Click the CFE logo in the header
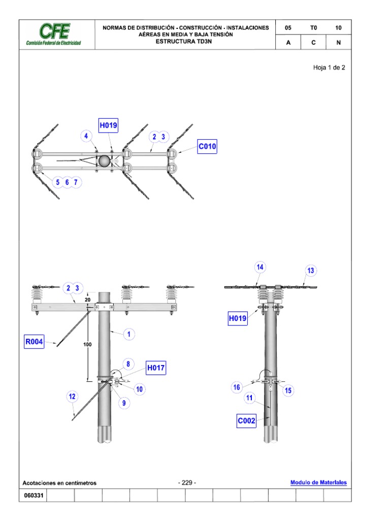[54, 34]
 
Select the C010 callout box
[207, 147]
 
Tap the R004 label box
[34, 342]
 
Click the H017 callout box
[156, 368]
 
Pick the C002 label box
[246, 421]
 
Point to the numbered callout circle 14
[260, 267]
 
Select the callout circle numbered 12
[73, 397]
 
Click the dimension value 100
[88, 345]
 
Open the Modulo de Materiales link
[318, 482]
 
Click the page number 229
[187, 482]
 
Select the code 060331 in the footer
[32, 496]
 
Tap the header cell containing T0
[313, 28]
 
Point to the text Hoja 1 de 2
[329, 68]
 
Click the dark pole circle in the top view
[104, 160]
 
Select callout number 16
[237, 388]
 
